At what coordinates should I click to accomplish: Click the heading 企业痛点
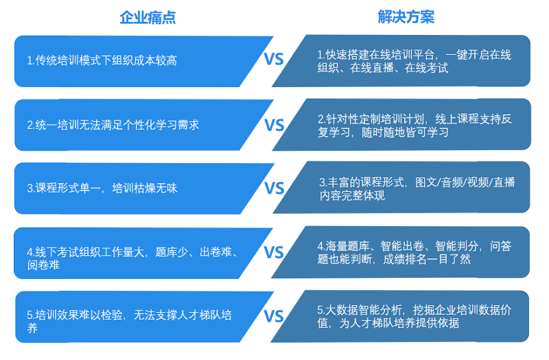[x=148, y=17]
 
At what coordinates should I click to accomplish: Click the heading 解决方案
[x=406, y=16]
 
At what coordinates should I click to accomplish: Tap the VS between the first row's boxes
[x=273, y=59]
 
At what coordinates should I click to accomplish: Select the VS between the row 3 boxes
[x=274, y=188]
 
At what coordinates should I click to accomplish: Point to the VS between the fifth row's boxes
[x=273, y=316]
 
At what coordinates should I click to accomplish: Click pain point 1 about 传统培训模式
[x=102, y=60]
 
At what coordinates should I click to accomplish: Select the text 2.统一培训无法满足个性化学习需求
[x=113, y=125]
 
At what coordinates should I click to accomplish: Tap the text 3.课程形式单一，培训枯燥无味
[x=102, y=188]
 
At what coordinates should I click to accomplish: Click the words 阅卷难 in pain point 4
[x=43, y=265]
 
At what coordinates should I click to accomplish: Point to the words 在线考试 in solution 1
[x=426, y=67]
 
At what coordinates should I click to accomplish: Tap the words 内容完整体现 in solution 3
[x=352, y=195]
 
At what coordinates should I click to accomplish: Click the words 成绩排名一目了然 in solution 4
[x=427, y=259]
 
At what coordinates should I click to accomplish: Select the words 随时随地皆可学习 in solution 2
[x=405, y=132]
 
